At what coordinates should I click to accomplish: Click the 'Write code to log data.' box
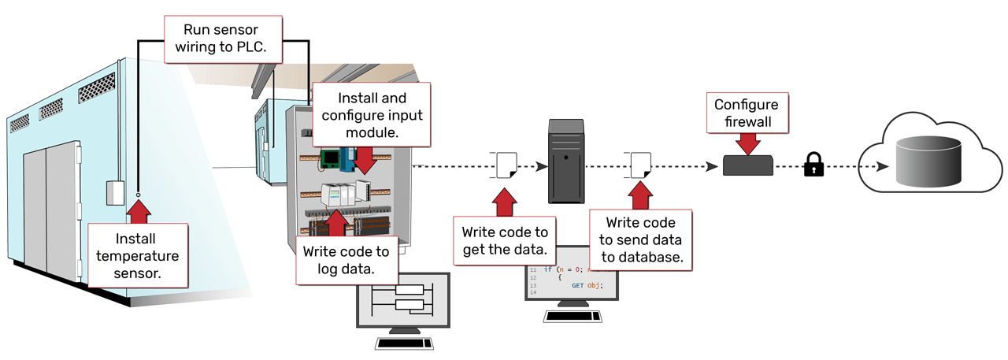(346, 261)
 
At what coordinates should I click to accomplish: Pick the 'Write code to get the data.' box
(504, 241)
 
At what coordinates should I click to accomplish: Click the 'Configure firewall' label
(746, 113)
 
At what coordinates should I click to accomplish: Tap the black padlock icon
(813, 165)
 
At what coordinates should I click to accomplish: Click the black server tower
(566, 161)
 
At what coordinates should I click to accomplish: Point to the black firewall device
(747, 165)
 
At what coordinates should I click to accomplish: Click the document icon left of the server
(505, 166)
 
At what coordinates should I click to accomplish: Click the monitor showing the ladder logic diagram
(402, 300)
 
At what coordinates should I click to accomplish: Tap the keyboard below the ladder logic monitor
(404, 343)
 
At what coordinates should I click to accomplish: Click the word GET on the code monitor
(576, 285)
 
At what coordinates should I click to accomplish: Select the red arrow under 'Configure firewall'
(746, 143)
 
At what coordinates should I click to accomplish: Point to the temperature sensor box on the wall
(116, 192)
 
